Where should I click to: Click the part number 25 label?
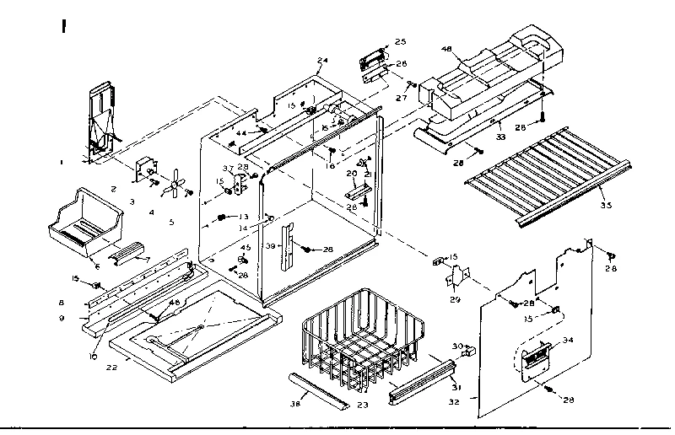point(400,41)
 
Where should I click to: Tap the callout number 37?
point(227,167)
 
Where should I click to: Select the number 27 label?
point(399,98)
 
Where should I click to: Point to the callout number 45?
point(245,247)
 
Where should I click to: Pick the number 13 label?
point(244,217)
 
